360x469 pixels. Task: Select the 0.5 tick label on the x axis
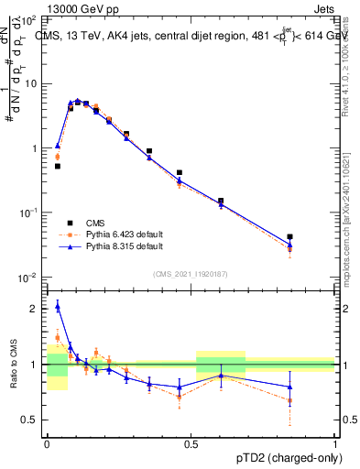coord(191,442)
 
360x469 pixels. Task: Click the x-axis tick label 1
coord(335,442)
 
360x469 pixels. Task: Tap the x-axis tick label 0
coord(47,442)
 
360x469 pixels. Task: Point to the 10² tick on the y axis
coord(29,19)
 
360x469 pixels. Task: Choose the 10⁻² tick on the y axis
coord(29,277)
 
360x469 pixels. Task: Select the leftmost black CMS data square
coord(57,166)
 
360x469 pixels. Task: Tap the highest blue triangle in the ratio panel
coord(57,306)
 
